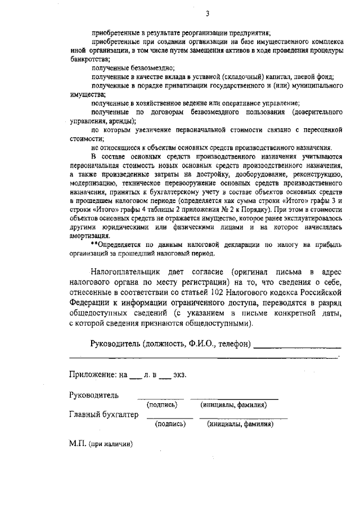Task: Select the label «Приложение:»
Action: pos(93,375)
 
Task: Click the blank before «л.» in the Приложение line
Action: pos(134,375)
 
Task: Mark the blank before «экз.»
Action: pos(164,375)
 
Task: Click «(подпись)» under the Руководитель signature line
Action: pos(162,405)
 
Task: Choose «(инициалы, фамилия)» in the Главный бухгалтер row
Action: pos(240,424)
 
